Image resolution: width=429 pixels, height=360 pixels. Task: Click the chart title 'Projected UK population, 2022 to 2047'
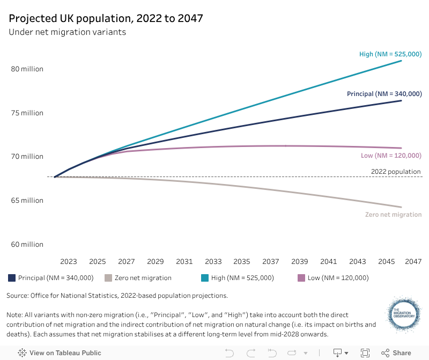click(106, 18)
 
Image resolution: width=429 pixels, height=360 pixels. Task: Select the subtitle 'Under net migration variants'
click(67, 32)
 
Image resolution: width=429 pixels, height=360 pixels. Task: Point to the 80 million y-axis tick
click(26, 69)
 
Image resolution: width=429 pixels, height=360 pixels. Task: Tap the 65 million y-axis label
click(26, 201)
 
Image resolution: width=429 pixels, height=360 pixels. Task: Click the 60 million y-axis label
click(26, 245)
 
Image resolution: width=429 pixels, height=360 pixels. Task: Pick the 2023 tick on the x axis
click(68, 262)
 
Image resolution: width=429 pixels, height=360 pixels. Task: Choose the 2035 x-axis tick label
click(242, 262)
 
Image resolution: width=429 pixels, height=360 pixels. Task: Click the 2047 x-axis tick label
click(413, 262)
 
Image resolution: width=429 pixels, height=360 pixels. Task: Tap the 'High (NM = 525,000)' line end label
click(390, 54)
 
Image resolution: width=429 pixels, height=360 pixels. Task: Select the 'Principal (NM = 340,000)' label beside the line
click(384, 94)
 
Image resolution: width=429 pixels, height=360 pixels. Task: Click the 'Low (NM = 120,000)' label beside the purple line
click(391, 156)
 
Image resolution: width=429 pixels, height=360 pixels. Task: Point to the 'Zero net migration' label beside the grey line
click(393, 215)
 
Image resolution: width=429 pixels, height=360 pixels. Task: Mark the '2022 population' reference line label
click(396, 172)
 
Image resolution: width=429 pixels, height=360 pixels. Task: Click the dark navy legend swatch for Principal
click(12, 278)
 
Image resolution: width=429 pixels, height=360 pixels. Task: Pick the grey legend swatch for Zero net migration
click(108, 278)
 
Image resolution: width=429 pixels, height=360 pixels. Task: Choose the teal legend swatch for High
click(204, 278)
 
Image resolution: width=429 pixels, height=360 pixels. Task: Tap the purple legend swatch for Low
click(301, 278)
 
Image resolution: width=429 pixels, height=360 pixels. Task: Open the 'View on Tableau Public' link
click(60, 353)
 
